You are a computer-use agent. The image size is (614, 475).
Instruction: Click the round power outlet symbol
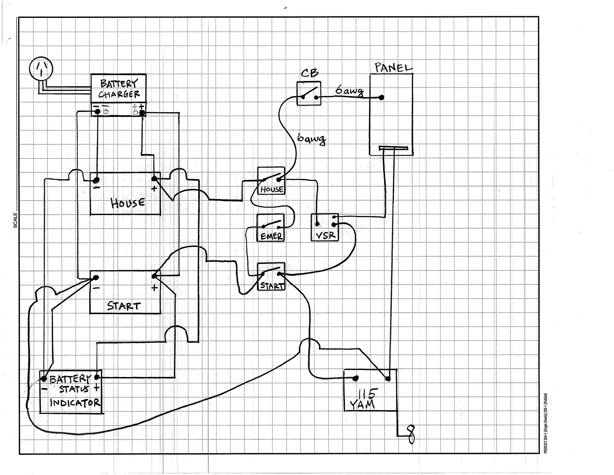click(41, 69)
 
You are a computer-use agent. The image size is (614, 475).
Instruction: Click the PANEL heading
click(393, 68)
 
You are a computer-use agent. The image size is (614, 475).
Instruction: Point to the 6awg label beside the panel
click(349, 91)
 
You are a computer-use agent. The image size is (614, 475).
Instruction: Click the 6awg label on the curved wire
click(312, 139)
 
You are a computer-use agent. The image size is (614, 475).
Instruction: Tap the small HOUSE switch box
click(272, 181)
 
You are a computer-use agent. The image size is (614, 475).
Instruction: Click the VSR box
click(325, 227)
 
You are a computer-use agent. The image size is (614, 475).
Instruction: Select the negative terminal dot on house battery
click(96, 180)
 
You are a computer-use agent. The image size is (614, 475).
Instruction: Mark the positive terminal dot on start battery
click(154, 276)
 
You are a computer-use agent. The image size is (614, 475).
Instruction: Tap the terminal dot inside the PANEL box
click(381, 97)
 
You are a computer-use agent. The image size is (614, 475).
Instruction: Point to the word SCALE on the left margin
click(15, 220)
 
